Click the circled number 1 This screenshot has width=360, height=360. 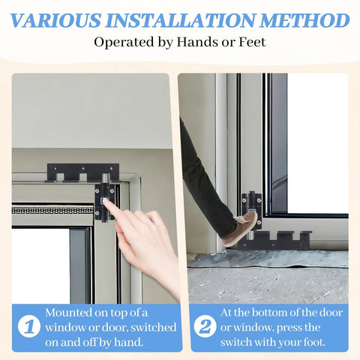point(27,327)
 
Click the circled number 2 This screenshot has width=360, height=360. point(203,327)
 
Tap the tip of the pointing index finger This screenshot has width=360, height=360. point(106,202)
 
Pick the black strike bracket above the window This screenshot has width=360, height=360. point(82,173)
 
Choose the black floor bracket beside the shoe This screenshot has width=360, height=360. point(278,240)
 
